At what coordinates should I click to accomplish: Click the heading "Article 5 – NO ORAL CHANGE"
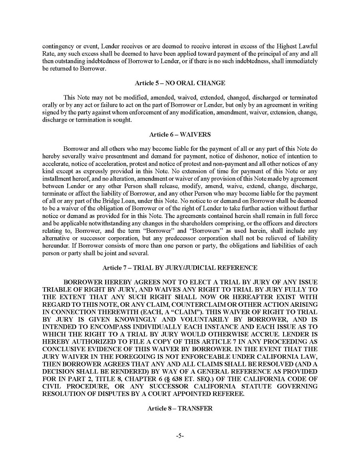[x=180, y=83]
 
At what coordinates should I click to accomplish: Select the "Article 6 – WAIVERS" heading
[x=180, y=134]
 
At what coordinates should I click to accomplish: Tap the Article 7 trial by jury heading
[x=180, y=268]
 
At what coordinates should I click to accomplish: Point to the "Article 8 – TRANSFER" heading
[x=180, y=408]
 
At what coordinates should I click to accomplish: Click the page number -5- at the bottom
[x=180, y=436]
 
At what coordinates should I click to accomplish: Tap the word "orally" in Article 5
[x=50, y=105]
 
